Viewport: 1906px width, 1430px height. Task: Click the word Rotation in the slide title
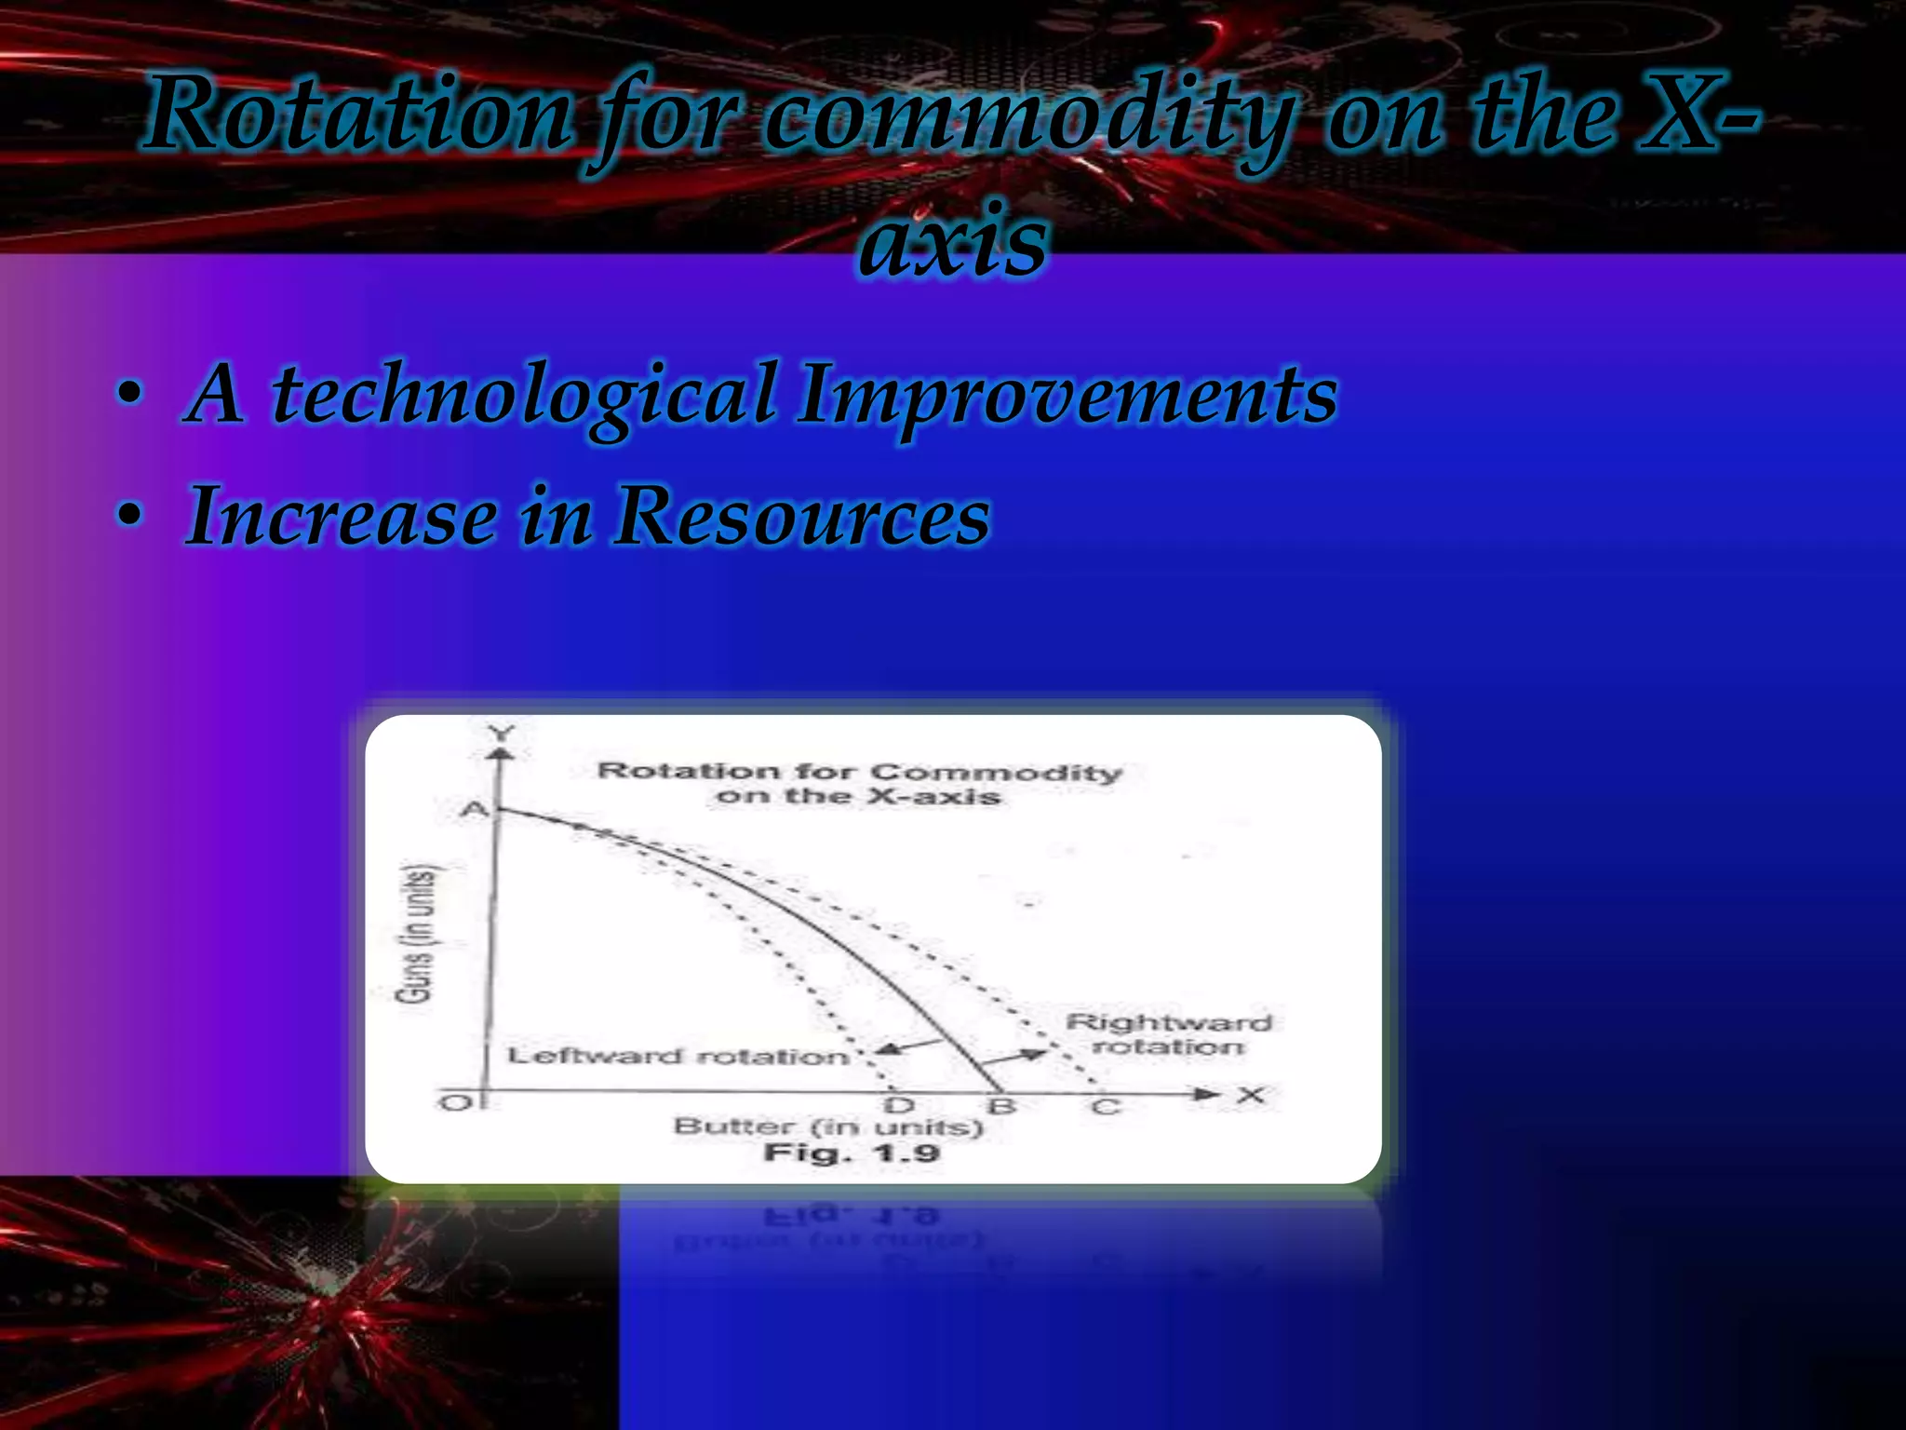point(357,116)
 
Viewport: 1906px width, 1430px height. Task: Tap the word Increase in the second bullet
point(341,517)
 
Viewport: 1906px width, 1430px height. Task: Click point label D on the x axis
point(899,1106)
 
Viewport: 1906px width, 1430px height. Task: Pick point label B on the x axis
point(1001,1106)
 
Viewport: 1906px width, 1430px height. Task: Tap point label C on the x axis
point(1105,1107)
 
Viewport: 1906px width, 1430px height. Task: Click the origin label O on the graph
point(455,1103)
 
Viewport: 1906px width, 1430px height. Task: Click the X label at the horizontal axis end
point(1252,1095)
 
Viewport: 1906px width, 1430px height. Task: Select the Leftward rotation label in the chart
point(678,1057)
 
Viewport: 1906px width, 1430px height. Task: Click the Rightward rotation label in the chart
point(1168,1034)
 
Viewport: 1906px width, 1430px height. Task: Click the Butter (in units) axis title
point(827,1127)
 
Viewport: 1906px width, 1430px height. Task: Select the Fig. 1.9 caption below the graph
point(852,1154)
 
